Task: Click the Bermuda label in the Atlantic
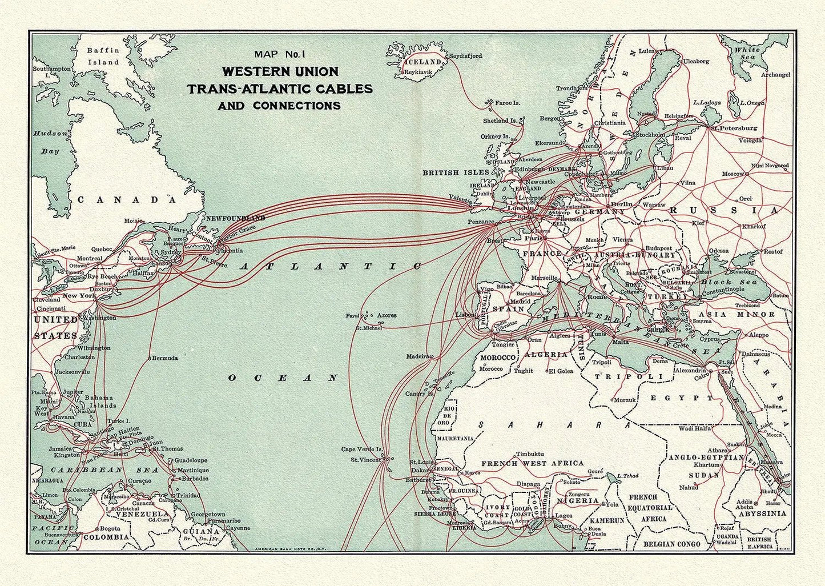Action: tap(166, 358)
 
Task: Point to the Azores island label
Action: tap(386, 315)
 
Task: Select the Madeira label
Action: tap(418, 356)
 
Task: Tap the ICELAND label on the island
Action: tap(422, 62)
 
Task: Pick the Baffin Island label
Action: tap(103, 56)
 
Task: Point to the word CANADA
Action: tap(126, 199)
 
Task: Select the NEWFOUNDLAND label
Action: tap(235, 218)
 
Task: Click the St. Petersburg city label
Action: tap(737, 128)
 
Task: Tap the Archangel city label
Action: tap(775, 75)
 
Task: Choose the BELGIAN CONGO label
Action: tap(671, 544)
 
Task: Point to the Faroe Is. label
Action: tap(507, 103)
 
